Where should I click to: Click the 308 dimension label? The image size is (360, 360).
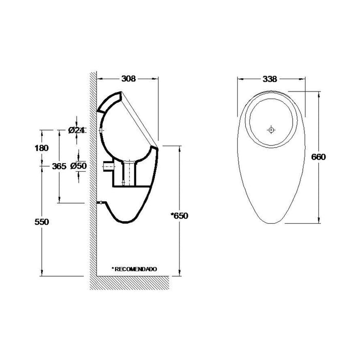coord(128,79)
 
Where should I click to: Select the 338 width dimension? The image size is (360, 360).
coord(270,79)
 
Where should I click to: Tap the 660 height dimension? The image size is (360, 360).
coord(319,157)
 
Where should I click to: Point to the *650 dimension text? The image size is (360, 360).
coord(180,215)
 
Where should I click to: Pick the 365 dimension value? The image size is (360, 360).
coord(59,166)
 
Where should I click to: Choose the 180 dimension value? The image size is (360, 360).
coord(42,148)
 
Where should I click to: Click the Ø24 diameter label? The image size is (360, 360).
coord(77,131)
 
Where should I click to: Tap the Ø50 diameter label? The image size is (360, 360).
coord(78,166)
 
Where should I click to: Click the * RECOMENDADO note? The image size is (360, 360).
coord(134,268)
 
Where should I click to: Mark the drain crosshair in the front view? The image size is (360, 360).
coord(271,130)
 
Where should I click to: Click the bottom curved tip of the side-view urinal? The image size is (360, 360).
coord(127,222)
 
